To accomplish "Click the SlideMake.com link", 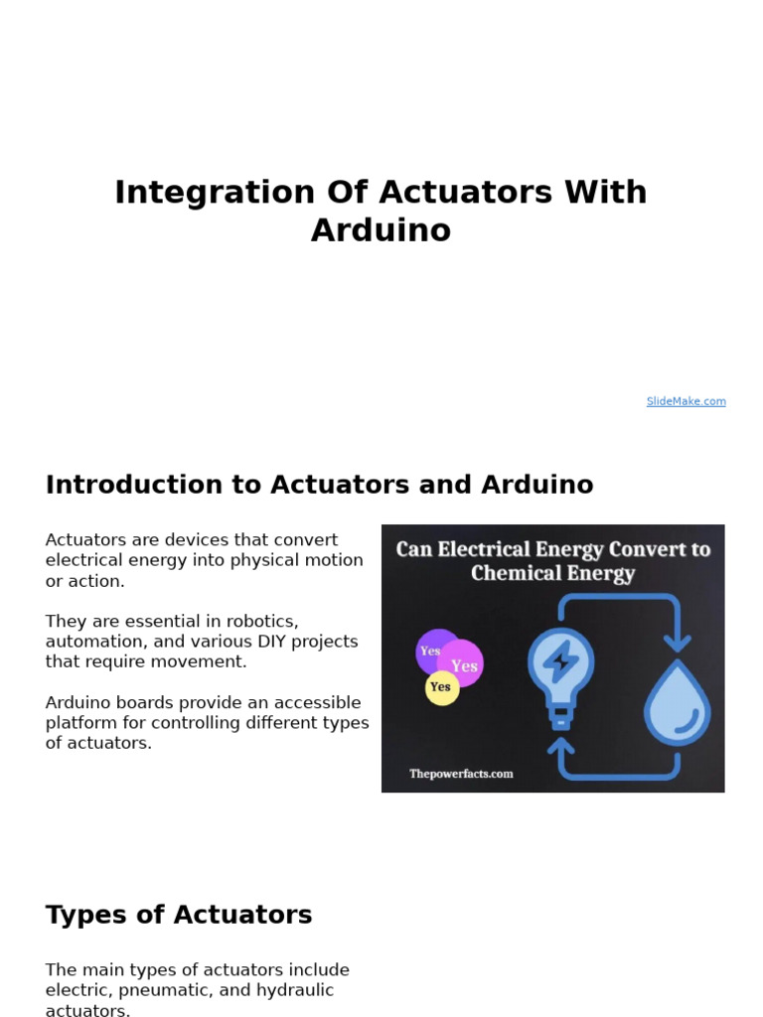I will (686, 401).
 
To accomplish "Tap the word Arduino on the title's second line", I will (381, 230).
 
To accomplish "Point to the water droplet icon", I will (677, 699).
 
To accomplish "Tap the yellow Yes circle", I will (441, 687).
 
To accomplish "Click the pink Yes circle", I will (463, 664).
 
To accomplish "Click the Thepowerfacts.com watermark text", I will (461, 774).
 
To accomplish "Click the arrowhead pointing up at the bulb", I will (561, 746).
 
